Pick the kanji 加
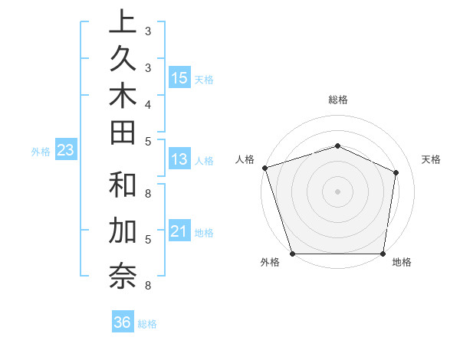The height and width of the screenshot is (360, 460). tap(122, 231)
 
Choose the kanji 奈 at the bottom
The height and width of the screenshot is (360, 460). tap(122, 275)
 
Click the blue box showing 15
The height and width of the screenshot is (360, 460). tap(179, 77)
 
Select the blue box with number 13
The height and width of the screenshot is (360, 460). tap(179, 159)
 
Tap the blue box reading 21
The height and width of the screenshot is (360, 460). tap(179, 231)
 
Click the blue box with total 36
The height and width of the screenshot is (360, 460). tap(123, 322)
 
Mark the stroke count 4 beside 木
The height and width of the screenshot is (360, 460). tap(147, 104)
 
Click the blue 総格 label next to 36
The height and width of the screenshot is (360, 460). tap(147, 324)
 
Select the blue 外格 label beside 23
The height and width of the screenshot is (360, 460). tap(41, 152)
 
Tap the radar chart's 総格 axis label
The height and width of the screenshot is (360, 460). tap(337, 100)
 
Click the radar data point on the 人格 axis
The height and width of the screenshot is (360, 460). tap(264, 168)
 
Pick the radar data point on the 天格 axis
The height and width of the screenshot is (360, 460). tap(396, 172)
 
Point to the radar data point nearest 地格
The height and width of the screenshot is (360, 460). tap(383, 254)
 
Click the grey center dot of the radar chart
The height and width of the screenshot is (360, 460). tap(337, 191)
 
